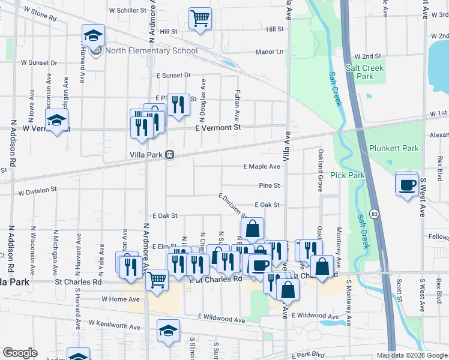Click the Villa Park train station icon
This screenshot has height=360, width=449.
[x=170, y=154]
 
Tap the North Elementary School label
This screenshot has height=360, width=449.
[x=151, y=50]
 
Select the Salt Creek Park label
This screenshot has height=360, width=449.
[x=364, y=72]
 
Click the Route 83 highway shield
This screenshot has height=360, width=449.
[x=374, y=213]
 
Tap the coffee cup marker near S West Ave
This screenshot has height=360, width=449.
[x=407, y=184]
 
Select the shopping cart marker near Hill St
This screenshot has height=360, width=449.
[x=200, y=18]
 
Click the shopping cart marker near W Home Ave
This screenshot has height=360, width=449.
[x=157, y=279]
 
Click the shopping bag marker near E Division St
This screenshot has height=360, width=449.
[x=253, y=229]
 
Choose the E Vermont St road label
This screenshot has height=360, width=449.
[x=218, y=127]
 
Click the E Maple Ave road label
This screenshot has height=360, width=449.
[x=261, y=166]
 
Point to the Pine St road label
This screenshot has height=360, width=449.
[x=270, y=186]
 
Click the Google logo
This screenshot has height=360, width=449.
[x=20, y=353]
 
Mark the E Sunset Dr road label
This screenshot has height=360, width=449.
[x=173, y=76]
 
